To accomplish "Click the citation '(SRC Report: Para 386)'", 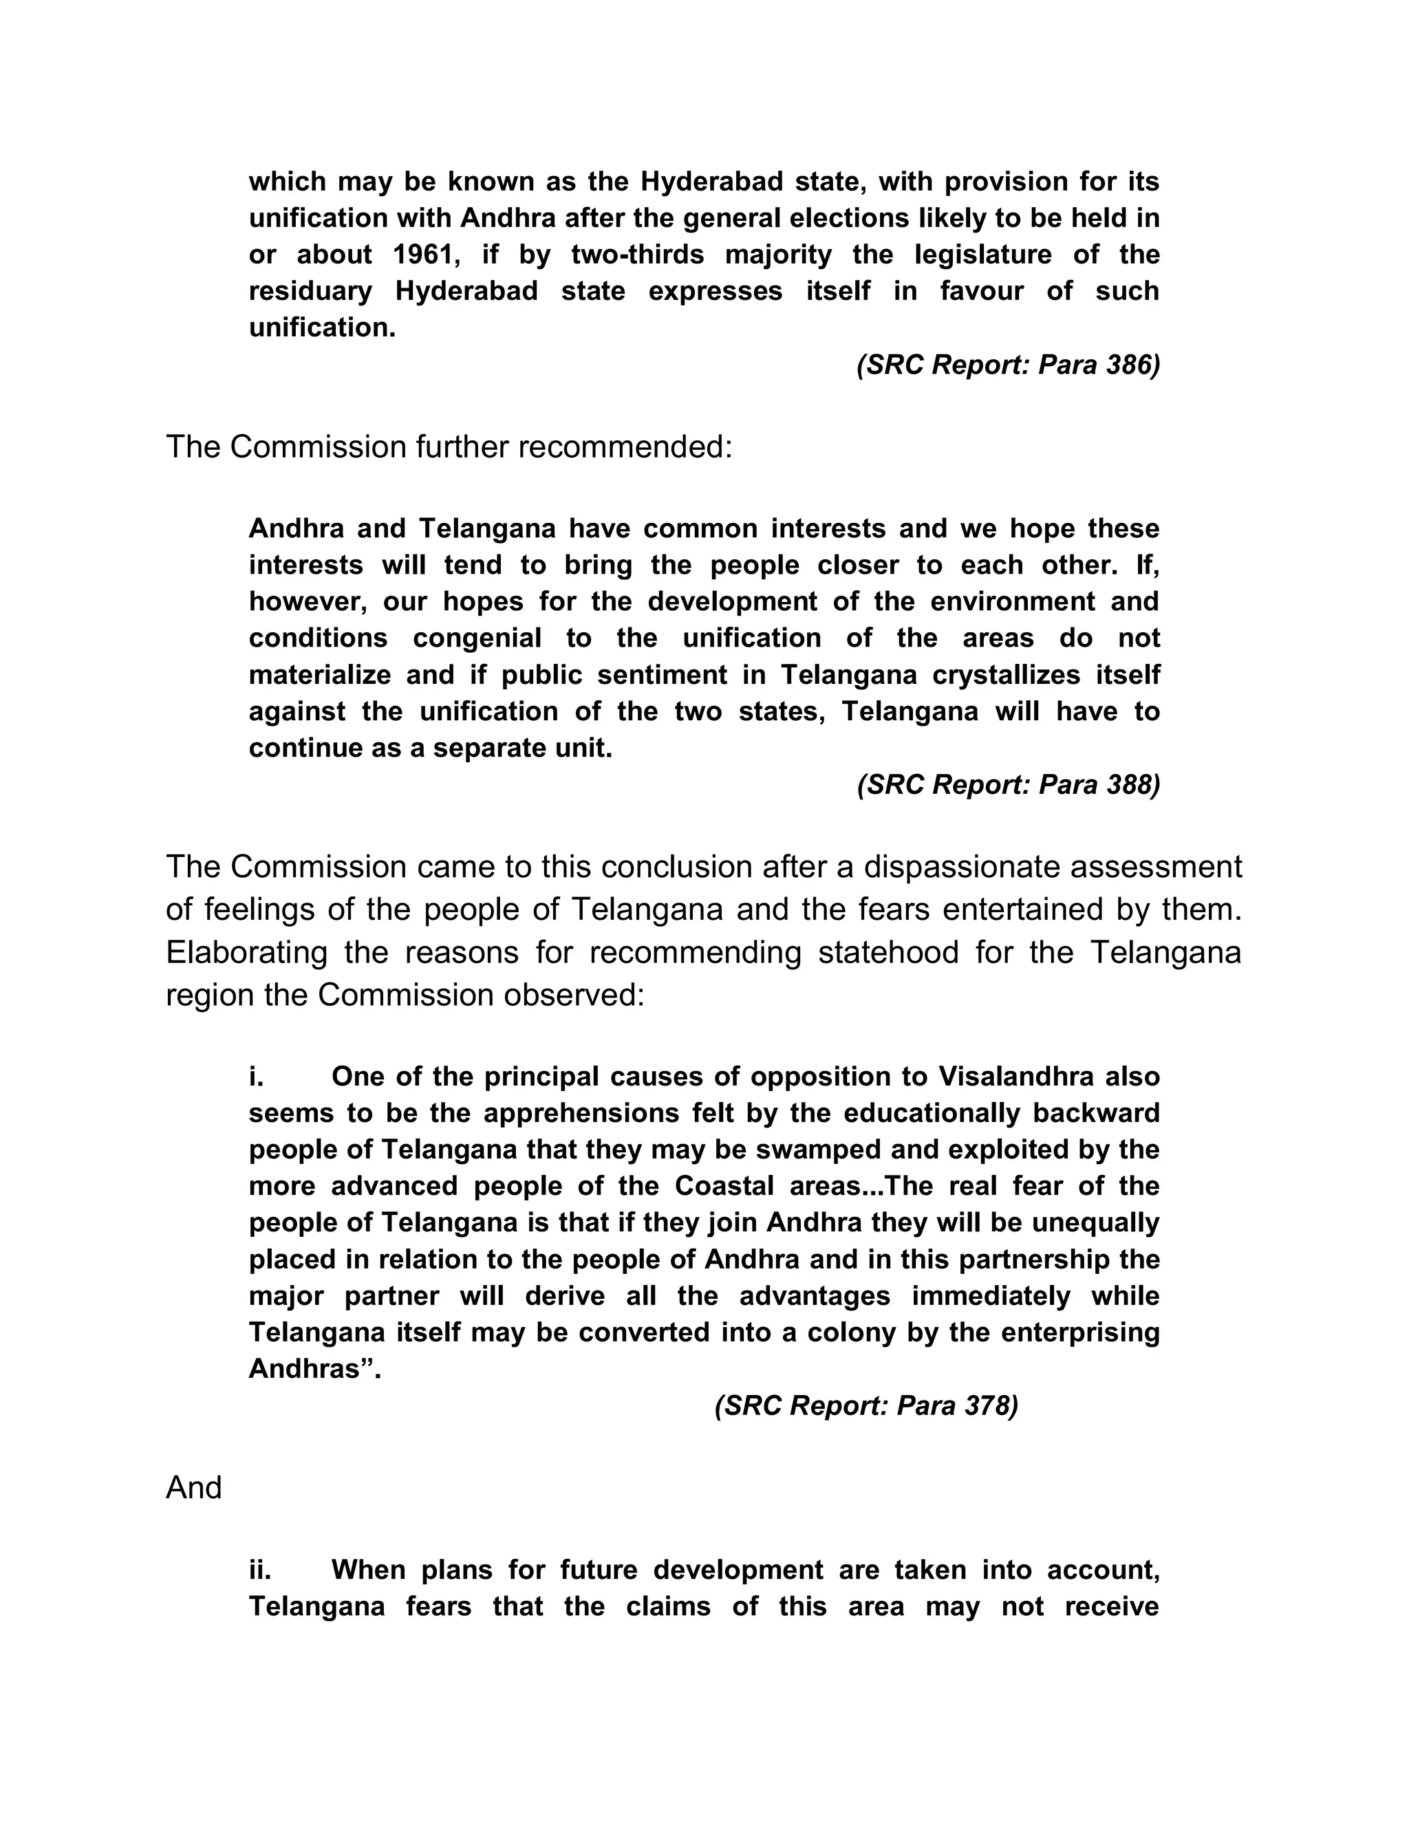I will pos(1007,365).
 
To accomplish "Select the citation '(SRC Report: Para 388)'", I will pos(1007,785).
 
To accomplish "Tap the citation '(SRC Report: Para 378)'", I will pos(865,1405).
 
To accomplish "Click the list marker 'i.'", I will pos(256,1077).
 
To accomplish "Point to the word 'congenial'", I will pos(477,638).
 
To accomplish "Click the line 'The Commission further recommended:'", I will pos(449,447).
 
